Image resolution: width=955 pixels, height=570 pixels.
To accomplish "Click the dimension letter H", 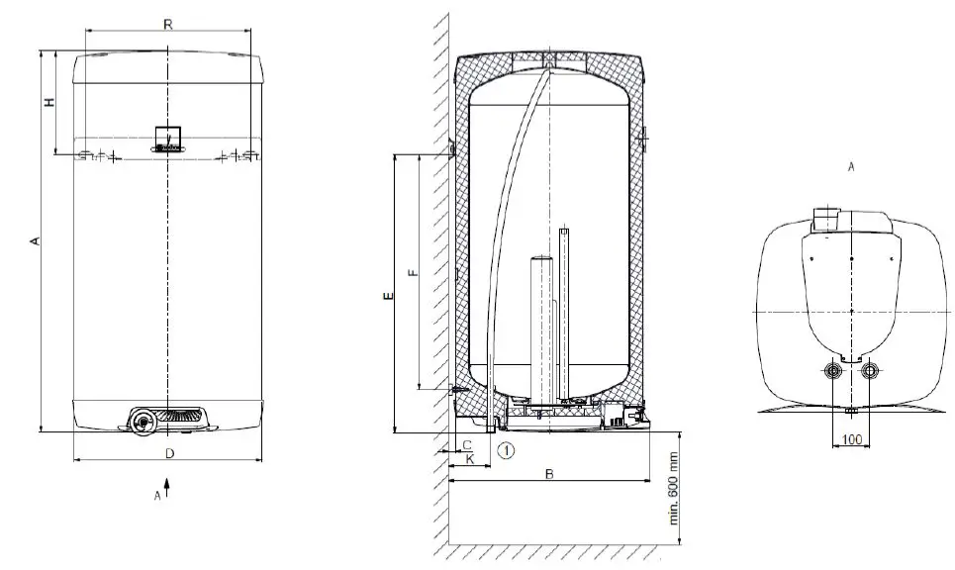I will [48, 102].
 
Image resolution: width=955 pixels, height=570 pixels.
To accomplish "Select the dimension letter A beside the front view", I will [35, 240].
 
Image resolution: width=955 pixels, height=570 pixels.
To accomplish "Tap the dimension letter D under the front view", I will [169, 453].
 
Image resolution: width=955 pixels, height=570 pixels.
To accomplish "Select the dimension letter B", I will [549, 474].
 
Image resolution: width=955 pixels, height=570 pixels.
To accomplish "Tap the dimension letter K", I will [470, 460].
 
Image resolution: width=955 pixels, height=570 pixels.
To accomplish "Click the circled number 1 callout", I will [507, 451].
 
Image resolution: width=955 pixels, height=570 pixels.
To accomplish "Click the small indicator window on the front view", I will [169, 136].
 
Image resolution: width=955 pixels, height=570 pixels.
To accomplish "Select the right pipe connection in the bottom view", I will [869, 372].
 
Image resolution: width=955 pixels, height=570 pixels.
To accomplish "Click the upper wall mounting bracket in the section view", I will [451, 148].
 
